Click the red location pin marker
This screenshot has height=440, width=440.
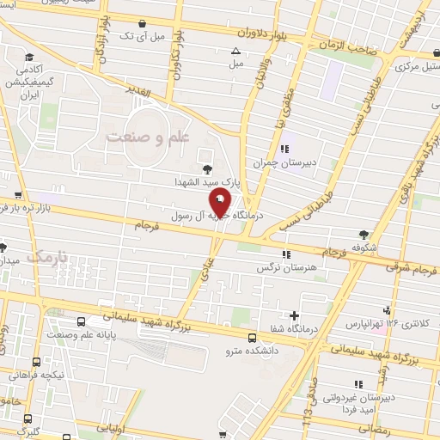[220, 204]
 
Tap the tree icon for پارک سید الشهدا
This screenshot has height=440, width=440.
[205, 168]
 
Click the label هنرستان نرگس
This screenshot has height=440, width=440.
[281, 267]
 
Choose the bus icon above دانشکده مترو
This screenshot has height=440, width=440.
[252, 337]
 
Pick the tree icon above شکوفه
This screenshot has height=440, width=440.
[365, 232]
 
